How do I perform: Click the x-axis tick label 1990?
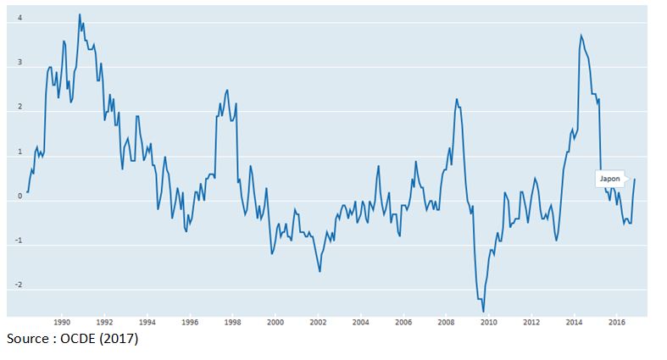pos(61,322)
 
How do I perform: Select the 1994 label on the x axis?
pos(147,322)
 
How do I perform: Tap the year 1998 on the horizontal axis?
pos(232,322)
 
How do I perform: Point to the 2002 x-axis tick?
pos(318,322)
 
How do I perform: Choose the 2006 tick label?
pos(403,322)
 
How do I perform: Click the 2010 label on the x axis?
pos(489,322)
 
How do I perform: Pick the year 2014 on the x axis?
pos(575,322)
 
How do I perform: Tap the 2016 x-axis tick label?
pos(617,322)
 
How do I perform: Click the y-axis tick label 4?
pos(19,19)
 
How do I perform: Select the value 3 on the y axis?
pos(19,64)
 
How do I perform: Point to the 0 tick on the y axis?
pos(19,197)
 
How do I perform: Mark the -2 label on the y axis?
pos(18,286)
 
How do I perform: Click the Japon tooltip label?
pos(609,179)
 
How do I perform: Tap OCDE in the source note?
pos(79,340)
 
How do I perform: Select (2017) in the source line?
pos(120,340)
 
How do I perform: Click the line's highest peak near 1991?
pos(80,14)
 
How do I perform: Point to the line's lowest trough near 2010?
pos(483,312)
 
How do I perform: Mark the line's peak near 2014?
pos(581,35)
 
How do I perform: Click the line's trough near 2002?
pos(320,271)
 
